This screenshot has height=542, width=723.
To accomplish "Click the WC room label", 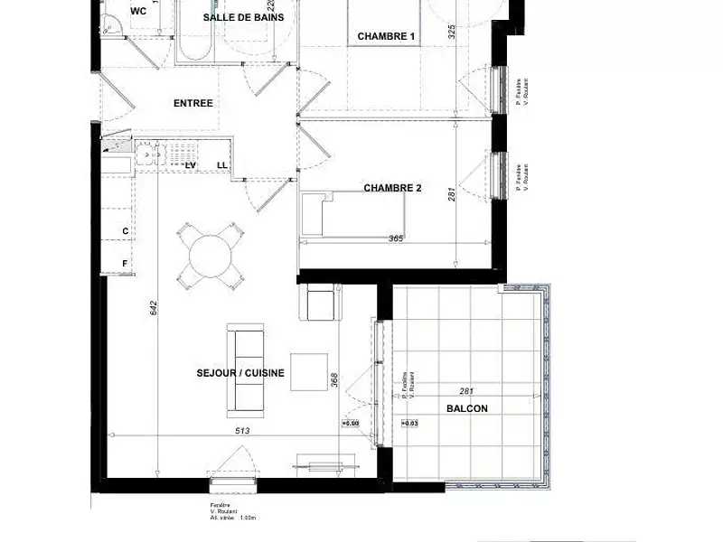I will [138, 12].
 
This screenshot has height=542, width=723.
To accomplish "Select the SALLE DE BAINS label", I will [243, 18].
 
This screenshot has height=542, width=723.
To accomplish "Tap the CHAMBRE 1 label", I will [386, 36].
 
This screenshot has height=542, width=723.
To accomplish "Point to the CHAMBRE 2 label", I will [393, 189].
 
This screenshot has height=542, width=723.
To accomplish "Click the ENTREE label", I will [192, 103].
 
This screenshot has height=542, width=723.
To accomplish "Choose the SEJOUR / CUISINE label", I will [240, 373].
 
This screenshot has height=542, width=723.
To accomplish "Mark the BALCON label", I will [466, 408].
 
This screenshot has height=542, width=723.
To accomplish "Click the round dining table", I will [211, 253].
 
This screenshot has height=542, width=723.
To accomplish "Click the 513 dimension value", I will [240, 431].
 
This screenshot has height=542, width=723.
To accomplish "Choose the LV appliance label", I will [191, 164].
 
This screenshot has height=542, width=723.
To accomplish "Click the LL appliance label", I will [222, 164].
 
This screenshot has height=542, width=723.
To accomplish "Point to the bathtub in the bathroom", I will [193, 36].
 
